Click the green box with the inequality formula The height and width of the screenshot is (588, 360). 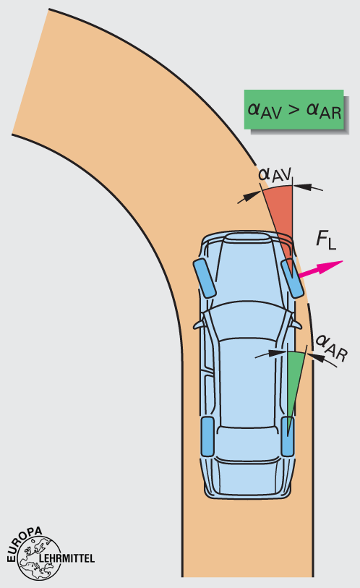click(x=294, y=109)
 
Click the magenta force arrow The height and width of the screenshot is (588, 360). click(x=321, y=269)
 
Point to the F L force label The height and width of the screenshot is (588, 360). click(x=326, y=240)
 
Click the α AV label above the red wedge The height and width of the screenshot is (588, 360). click(x=275, y=174)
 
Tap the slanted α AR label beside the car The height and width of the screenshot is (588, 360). click(x=332, y=349)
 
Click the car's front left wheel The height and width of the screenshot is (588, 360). click(x=205, y=278)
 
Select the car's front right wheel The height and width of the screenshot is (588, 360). click(x=292, y=279)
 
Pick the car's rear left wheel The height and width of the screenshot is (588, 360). click(x=207, y=436)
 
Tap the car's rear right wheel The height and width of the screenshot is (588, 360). click(x=288, y=436)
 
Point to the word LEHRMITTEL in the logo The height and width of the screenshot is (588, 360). click(x=67, y=558)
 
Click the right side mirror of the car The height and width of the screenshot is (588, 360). click(x=296, y=324)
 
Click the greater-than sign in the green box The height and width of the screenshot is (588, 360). click(x=294, y=109)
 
